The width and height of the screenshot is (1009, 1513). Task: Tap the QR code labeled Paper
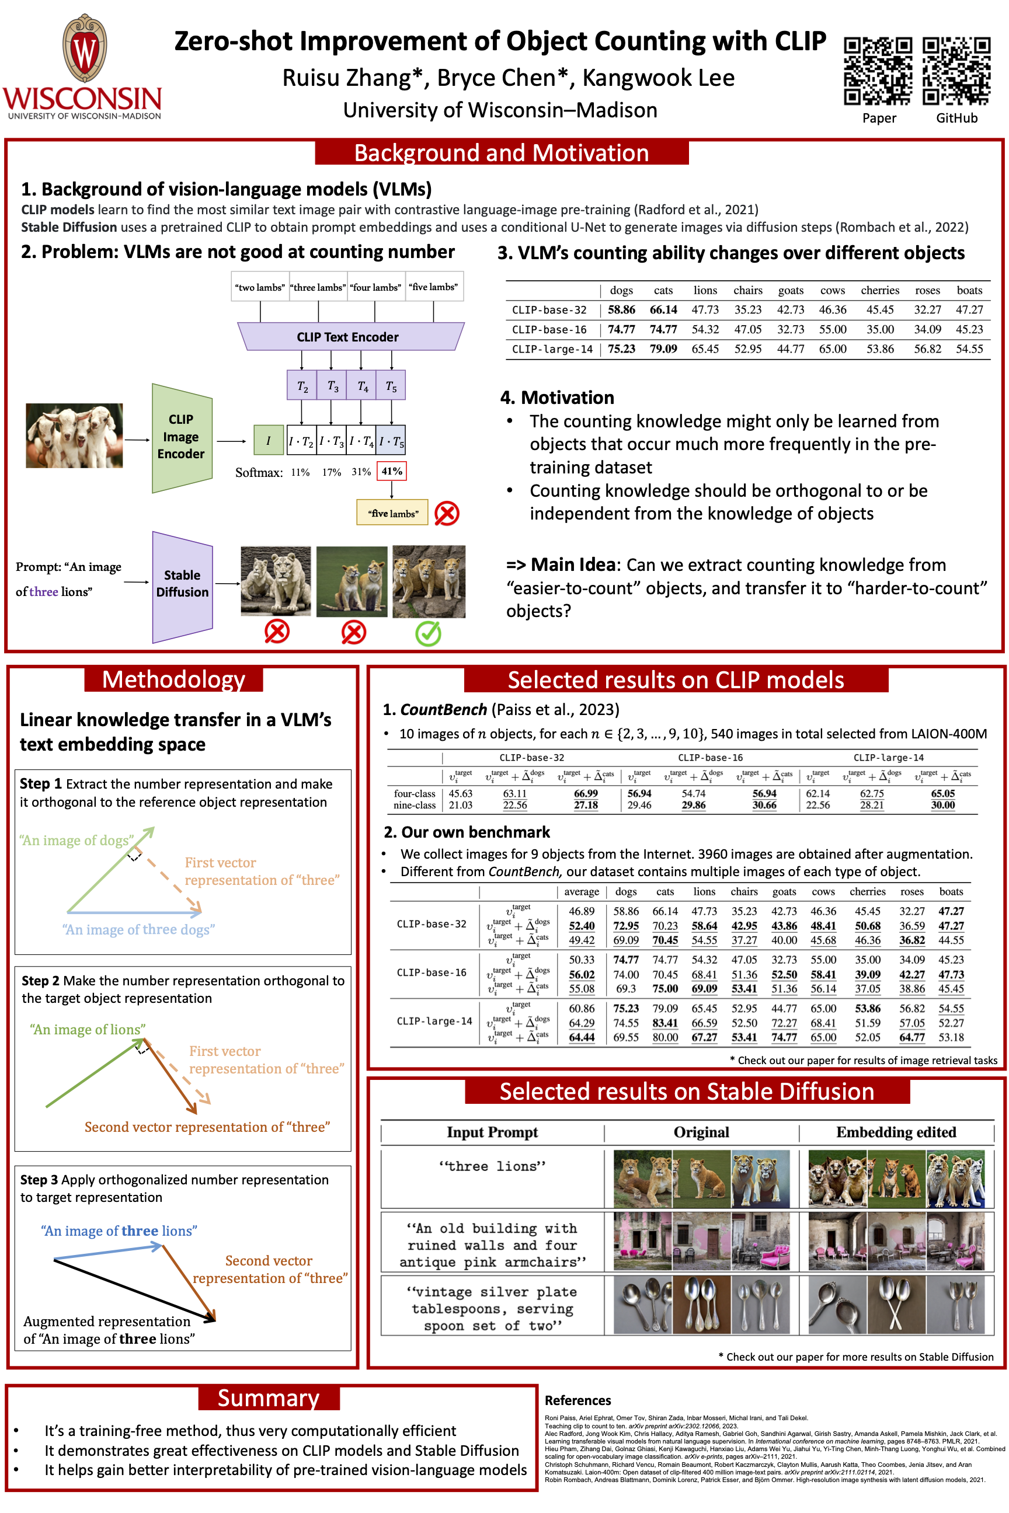click(878, 71)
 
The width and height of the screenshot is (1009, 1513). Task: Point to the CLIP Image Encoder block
click(182, 437)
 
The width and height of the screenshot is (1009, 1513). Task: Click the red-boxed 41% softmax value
click(392, 471)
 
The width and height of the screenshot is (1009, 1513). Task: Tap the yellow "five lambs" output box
click(392, 513)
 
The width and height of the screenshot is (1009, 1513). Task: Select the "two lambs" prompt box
click(260, 287)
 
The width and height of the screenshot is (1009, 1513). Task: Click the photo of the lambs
click(75, 435)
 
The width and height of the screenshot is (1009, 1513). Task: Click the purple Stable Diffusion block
click(182, 584)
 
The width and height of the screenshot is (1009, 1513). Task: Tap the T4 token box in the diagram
click(362, 386)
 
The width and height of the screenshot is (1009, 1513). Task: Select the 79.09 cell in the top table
click(663, 348)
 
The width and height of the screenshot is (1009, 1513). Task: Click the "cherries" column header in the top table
click(879, 290)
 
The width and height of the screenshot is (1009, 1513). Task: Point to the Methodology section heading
click(174, 679)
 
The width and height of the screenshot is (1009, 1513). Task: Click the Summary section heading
click(269, 1398)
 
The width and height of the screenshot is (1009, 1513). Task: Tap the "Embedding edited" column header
click(896, 1132)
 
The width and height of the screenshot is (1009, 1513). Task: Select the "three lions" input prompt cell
click(492, 1166)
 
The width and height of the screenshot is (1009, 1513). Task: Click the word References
click(577, 1400)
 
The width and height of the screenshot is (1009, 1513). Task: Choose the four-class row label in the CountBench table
click(415, 793)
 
